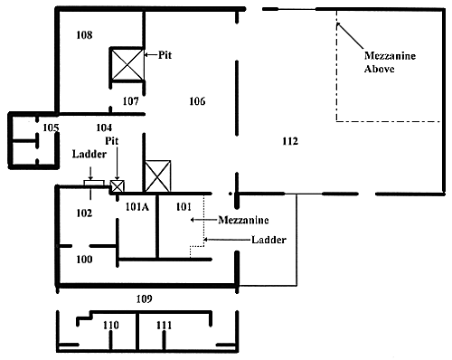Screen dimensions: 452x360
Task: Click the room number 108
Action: click(x=84, y=35)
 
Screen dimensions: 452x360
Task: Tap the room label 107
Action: click(x=131, y=101)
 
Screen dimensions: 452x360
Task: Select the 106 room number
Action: click(x=197, y=101)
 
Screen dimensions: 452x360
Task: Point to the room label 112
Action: click(x=290, y=141)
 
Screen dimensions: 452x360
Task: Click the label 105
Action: click(x=51, y=128)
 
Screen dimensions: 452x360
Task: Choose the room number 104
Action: click(x=104, y=128)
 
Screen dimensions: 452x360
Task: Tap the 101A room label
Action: click(x=137, y=207)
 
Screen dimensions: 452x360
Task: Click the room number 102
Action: click(x=84, y=213)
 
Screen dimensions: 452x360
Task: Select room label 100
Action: click(x=84, y=259)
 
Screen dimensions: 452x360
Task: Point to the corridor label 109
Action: click(x=145, y=298)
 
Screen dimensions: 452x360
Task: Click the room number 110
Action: click(x=111, y=326)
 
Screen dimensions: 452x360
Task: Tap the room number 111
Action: click(x=165, y=326)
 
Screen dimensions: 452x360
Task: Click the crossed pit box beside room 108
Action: click(x=127, y=64)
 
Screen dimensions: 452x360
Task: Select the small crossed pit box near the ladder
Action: click(x=117, y=186)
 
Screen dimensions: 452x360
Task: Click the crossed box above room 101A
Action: click(x=158, y=176)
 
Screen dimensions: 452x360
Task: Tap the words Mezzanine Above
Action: click(x=390, y=62)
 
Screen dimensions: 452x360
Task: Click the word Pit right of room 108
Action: click(x=165, y=55)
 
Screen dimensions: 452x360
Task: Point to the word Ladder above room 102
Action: click(x=89, y=154)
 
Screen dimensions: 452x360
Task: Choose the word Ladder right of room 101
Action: click(x=268, y=240)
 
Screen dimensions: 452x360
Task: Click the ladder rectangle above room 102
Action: click(x=94, y=184)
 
